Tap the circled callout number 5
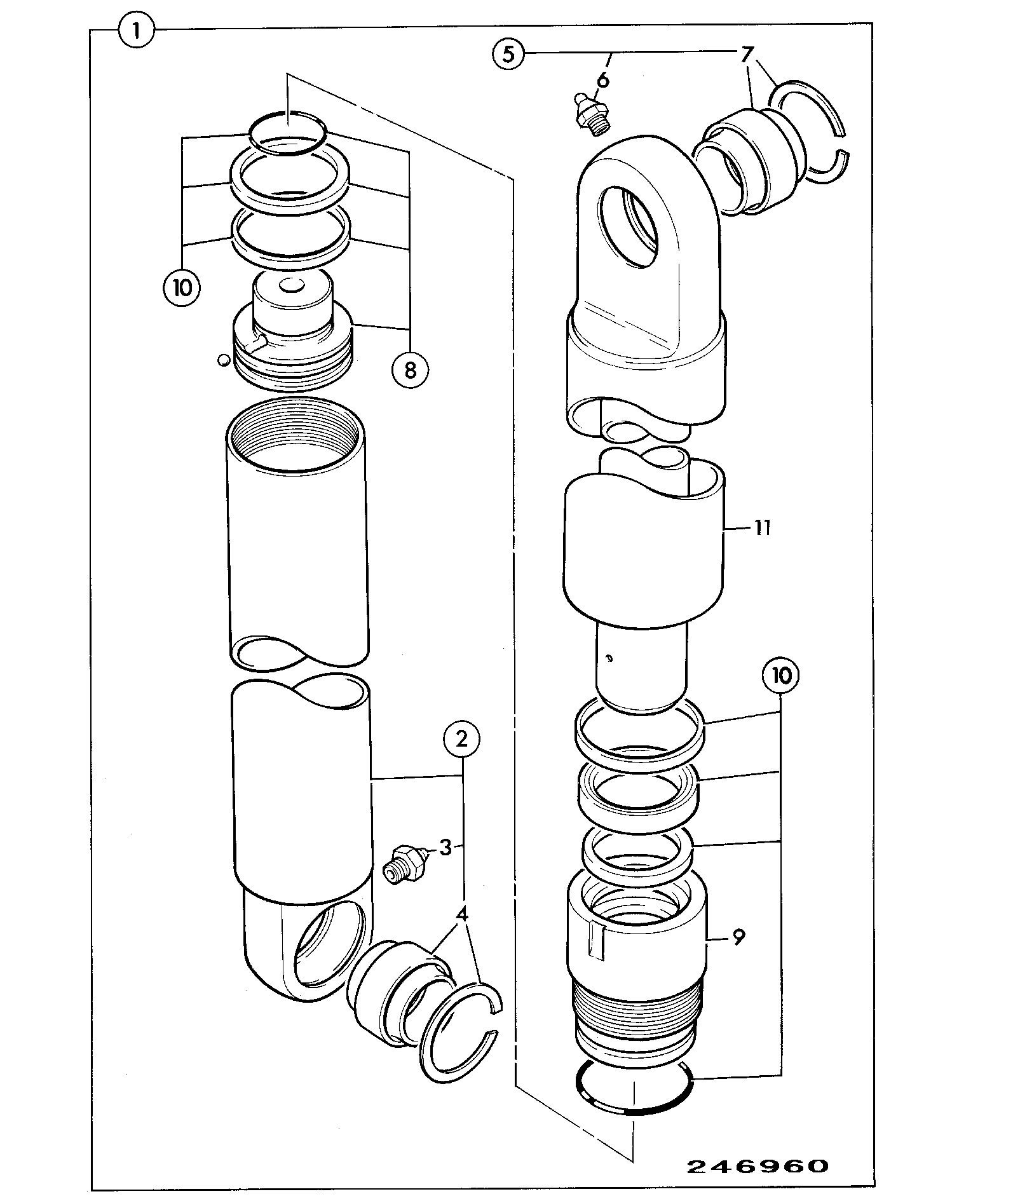(x=509, y=53)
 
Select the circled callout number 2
(x=461, y=739)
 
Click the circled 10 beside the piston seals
(x=181, y=288)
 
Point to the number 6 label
(x=602, y=80)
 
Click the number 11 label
(x=762, y=527)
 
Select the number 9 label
(x=738, y=937)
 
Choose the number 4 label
(x=462, y=915)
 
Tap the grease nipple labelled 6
(x=590, y=114)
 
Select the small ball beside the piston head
(x=222, y=360)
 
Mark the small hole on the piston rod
(x=608, y=659)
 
